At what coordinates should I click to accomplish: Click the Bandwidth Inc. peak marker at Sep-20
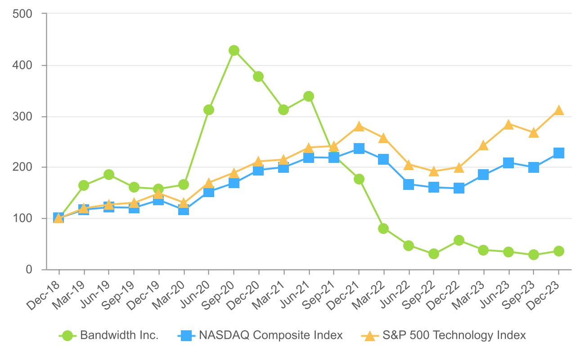pos(234,50)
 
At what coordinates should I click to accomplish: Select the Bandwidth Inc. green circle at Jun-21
pos(309,96)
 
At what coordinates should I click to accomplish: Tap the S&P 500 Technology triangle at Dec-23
pos(558,110)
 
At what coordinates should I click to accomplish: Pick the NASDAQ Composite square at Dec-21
pos(359,148)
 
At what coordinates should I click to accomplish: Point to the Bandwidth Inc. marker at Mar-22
pos(383,229)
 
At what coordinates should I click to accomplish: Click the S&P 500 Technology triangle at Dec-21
pos(359,126)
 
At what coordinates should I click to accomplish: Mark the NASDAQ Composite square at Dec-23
pos(558,153)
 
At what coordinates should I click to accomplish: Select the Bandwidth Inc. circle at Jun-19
pos(108,175)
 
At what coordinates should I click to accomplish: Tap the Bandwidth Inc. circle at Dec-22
pos(459,240)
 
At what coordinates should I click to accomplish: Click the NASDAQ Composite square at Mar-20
pos(184,210)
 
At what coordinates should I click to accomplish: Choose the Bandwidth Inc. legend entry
pos(119,335)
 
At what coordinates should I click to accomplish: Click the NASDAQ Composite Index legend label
pos(271,335)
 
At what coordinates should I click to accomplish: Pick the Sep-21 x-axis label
pos(319,292)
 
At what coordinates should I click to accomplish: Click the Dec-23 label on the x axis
pos(544,292)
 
